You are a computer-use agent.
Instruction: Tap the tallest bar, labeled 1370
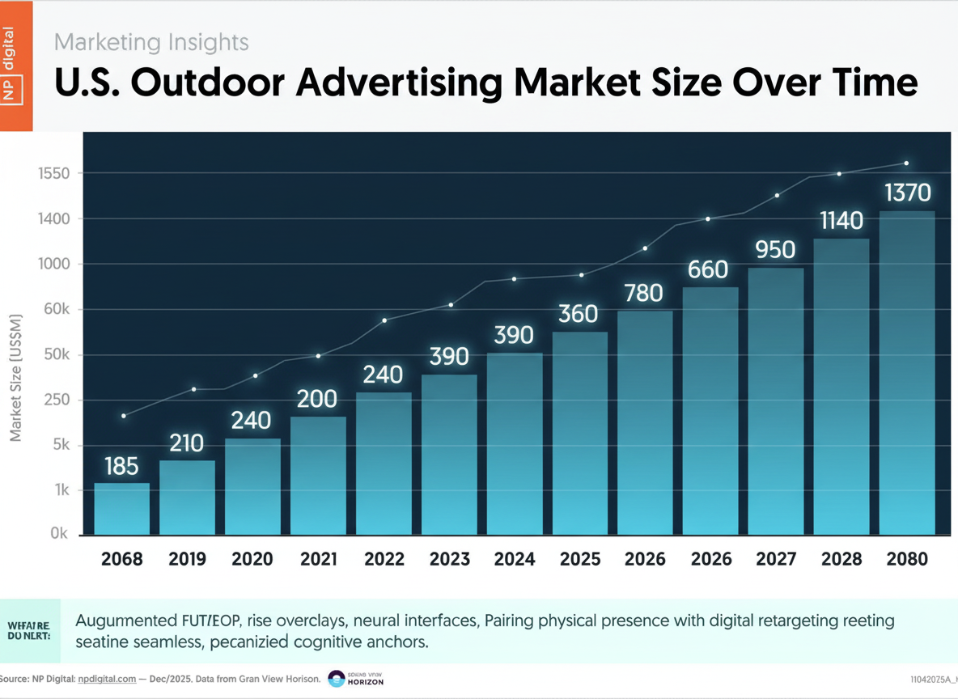click(x=907, y=372)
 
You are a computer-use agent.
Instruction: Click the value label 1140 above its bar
click(x=841, y=220)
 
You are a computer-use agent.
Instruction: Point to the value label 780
click(x=645, y=293)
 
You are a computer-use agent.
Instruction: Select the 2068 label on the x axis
click(x=122, y=559)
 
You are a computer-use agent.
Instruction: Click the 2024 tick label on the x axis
click(x=514, y=559)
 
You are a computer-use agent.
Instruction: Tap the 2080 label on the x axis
click(x=907, y=559)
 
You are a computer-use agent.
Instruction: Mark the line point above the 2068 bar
click(x=124, y=416)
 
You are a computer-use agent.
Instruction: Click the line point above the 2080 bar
click(x=906, y=163)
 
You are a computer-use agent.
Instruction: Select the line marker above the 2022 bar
click(x=384, y=320)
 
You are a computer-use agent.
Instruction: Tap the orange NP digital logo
click(x=16, y=66)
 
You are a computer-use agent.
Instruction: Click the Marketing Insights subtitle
click(x=151, y=41)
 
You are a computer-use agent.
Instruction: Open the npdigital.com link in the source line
click(x=105, y=679)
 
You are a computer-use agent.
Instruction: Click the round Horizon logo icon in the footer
click(x=336, y=679)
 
